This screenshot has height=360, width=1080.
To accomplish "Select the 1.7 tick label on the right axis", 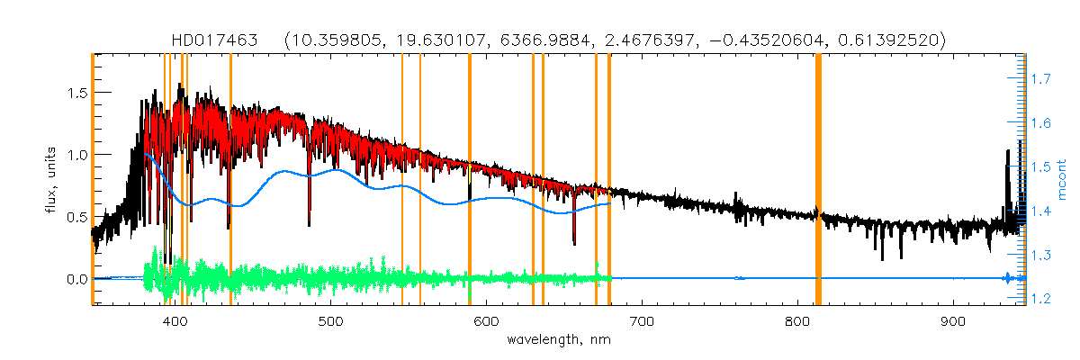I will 1041,80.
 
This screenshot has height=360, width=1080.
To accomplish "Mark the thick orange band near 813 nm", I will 818,180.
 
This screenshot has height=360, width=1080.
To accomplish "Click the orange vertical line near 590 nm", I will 470,180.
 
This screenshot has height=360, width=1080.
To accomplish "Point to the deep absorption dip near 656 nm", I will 574,236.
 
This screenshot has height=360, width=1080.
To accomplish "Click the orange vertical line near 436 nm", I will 231,180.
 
